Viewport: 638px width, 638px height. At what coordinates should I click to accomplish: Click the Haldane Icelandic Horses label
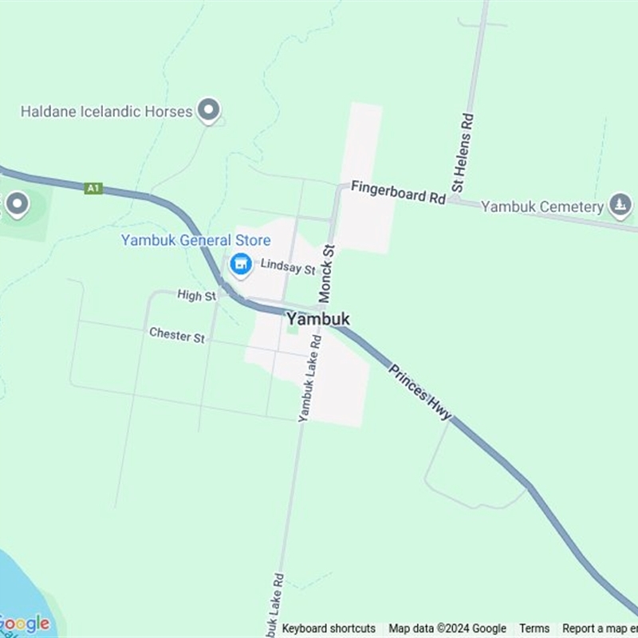[x=107, y=112]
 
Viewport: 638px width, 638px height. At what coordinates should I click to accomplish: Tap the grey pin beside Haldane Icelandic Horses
[x=209, y=110]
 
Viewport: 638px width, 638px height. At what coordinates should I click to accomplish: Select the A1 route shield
[x=93, y=188]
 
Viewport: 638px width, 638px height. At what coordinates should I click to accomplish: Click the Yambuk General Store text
[x=195, y=240]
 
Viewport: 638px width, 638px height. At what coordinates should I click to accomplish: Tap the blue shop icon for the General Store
[x=240, y=264]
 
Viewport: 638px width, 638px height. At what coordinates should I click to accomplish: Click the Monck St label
[x=327, y=274]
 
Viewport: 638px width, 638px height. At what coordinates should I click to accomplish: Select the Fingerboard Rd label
[x=397, y=194]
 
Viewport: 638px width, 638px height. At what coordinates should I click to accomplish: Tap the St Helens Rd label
[x=463, y=152]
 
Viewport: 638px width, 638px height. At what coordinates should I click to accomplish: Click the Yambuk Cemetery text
[x=542, y=207]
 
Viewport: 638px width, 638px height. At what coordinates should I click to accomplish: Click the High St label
[x=197, y=296]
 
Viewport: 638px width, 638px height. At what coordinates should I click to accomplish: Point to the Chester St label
[x=177, y=335]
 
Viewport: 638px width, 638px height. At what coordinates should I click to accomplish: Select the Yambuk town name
[x=317, y=319]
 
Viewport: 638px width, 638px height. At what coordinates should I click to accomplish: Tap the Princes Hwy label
[x=420, y=392]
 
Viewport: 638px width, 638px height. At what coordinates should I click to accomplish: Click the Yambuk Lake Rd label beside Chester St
[x=309, y=378]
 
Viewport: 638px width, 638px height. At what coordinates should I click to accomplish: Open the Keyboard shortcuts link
[x=329, y=628]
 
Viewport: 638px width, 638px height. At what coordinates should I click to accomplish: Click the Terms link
[x=534, y=628]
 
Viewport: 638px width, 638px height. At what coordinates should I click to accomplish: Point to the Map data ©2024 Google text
[x=447, y=628]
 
